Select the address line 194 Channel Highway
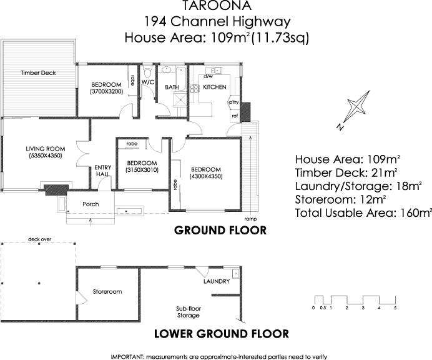(x=216, y=22)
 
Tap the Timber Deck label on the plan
(x=38, y=73)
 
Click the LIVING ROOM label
(x=45, y=148)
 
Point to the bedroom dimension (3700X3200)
(x=107, y=92)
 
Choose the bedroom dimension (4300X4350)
(x=206, y=176)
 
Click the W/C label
(x=148, y=82)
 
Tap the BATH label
(x=172, y=87)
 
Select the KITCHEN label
(x=214, y=87)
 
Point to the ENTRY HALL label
(x=102, y=171)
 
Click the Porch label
(x=91, y=204)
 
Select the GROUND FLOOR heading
(x=220, y=231)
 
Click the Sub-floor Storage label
(x=188, y=312)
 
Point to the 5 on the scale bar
(x=395, y=308)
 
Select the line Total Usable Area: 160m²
(x=363, y=214)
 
